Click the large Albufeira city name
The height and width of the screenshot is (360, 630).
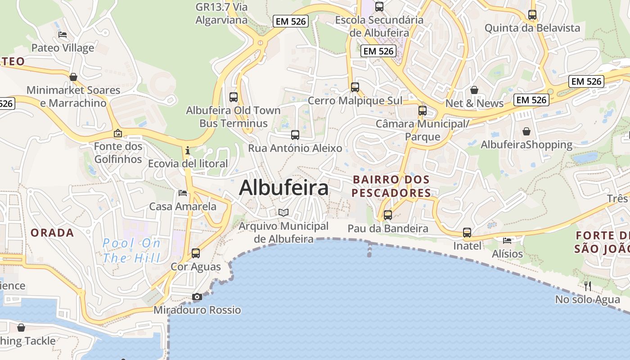click(x=283, y=188)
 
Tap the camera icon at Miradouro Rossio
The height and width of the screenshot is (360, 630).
click(x=197, y=297)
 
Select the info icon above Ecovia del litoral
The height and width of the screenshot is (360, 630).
click(x=188, y=150)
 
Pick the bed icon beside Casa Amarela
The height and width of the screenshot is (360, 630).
click(x=183, y=193)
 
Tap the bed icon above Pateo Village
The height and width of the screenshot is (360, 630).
click(x=63, y=35)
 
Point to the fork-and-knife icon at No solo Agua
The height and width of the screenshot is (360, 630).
click(x=587, y=286)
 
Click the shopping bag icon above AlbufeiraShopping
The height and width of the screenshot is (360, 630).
click(x=526, y=131)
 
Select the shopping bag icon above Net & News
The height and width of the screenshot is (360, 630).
click(x=474, y=90)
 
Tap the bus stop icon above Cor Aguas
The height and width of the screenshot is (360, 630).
click(x=195, y=253)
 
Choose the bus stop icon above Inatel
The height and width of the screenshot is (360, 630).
click(x=467, y=233)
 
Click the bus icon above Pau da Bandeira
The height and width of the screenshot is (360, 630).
click(x=387, y=215)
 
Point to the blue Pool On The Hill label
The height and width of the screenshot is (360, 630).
click(x=131, y=251)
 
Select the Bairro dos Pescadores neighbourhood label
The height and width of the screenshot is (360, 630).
click(x=391, y=186)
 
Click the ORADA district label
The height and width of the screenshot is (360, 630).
click(x=52, y=233)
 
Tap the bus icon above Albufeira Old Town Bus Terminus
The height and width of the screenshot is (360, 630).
click(x=233, y=97)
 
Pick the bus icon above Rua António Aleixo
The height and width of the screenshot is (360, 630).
click(x=295, y=135)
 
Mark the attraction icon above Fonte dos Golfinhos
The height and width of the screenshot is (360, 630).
click(x=118, y=133)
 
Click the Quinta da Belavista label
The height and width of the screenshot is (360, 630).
click(x=532, y=28)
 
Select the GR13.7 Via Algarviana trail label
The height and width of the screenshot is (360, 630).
click(x=221, y=13)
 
